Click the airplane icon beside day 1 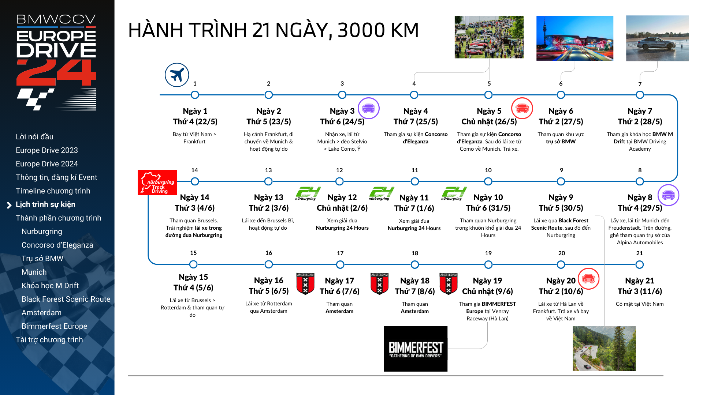pos(177,75)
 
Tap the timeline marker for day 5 pos(488,95)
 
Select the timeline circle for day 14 pos(195,181)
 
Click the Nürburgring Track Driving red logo pos(157,183)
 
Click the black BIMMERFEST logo pos(416,349)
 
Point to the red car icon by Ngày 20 pos(588,279)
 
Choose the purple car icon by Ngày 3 pos(368,108)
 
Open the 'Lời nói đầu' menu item pos(34,137)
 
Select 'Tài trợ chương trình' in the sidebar pos(49,340)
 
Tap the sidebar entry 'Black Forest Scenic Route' pos(66,299)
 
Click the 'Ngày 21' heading pos(639,281)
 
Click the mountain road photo pos(604,349)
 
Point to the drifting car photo pos(657,38)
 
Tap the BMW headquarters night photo pos(574,38)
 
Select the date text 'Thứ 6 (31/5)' pos(488,208)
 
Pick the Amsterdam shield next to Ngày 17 pos(305,283)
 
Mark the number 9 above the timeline pos(561,170)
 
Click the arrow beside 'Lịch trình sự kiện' pos(10,205)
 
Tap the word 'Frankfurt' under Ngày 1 pos(194,142)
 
